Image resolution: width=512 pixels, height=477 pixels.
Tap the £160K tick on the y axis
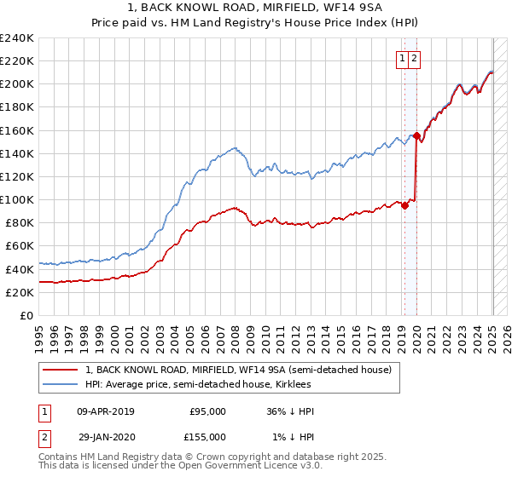[17, 130]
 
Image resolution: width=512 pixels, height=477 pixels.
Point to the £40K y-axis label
[20, 269]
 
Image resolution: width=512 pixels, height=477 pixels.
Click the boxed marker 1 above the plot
[402, 59]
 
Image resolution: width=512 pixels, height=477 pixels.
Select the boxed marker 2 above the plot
[414, 59]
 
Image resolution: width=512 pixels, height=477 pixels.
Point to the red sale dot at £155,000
[416, 135]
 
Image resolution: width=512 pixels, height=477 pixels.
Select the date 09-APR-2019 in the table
[106, 411]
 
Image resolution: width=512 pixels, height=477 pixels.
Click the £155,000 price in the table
[207, 437]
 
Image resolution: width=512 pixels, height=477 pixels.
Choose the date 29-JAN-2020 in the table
[106, 437]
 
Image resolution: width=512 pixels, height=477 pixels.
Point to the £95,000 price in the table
[207, 411]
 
